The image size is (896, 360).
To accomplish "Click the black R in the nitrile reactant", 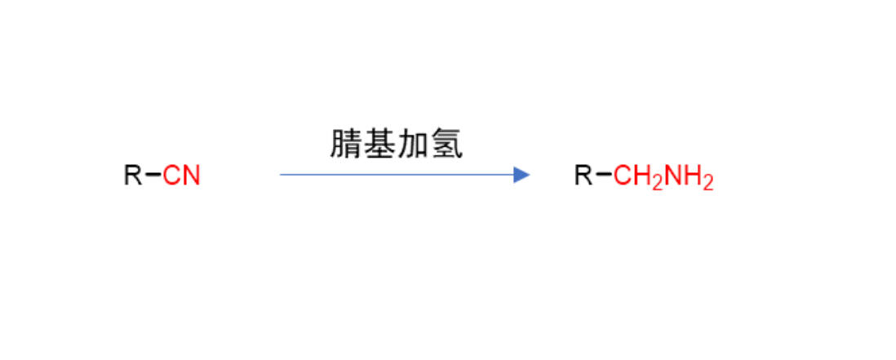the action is (x=133, y=175).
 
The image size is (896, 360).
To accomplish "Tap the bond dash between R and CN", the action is (x=153, y=174).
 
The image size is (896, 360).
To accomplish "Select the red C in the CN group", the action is (x=171, y=175).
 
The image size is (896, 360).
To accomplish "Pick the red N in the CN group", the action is (x=192, y=175).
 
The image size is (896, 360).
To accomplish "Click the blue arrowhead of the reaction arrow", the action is (x=521, y=175).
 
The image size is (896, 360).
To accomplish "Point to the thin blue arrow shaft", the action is (x=397, y=175).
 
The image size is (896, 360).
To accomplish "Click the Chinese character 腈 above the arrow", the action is (x=346, y=144).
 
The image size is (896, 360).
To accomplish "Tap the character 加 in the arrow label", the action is (x=413, y=144).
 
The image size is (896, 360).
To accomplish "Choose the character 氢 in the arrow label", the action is (x=446, y=144).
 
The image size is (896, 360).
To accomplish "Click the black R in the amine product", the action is (x=584, y=175).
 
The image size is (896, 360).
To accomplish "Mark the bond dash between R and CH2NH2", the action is (x=604, y=174).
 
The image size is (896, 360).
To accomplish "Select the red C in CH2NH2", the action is (x=623, y=175).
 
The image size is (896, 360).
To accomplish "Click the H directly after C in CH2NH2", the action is (x=642, y=175).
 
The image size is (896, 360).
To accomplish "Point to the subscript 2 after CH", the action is (x=657, y=183).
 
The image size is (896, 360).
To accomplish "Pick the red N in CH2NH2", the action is (x=672, y=175).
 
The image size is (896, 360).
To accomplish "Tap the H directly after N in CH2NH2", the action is (x=693, y=175).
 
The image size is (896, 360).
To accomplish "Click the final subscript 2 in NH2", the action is (x=708, y=183).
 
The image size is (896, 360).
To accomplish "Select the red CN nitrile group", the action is (x=181, y=175).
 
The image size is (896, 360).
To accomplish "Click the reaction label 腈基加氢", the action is (x=397, y=144).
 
